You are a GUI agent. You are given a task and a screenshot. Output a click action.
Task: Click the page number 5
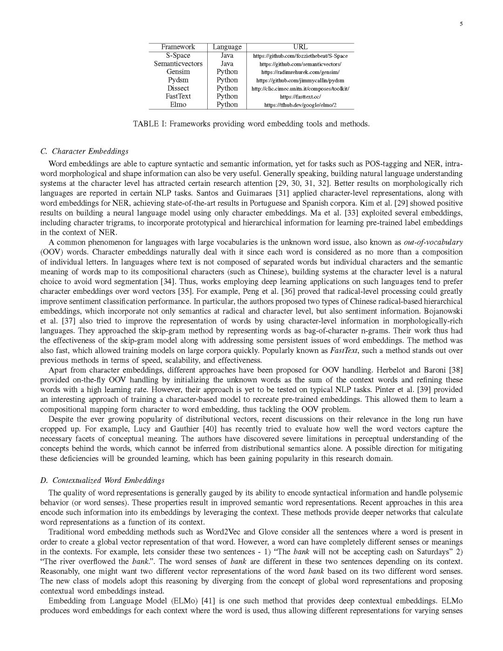[x=461, y=25]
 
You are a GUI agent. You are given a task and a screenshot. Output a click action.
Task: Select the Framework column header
[x=178, y=47]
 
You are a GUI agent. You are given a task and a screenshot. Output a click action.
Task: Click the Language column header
[x=227, y=47]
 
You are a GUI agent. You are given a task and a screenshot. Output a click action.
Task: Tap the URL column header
[x=300, y=47]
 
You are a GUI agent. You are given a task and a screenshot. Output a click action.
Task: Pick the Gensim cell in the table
[x=178, y=72]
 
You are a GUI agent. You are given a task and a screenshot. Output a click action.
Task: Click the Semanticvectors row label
[x=178, y=64]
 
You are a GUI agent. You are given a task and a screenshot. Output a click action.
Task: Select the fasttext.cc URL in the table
[x=300, y=97]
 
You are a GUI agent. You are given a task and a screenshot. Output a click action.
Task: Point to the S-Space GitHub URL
[x=300, y=56]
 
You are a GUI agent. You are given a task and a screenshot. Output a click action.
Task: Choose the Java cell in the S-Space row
[x=227, y=55]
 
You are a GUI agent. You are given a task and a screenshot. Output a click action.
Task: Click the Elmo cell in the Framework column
[x=178, y=105]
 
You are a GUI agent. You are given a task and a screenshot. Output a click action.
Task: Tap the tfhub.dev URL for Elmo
[x=300, y=105]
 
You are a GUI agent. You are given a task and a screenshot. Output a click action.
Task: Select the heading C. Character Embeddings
[x=84, y=151]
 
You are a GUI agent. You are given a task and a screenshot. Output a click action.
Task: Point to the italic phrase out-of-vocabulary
[x=433, y=242]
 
